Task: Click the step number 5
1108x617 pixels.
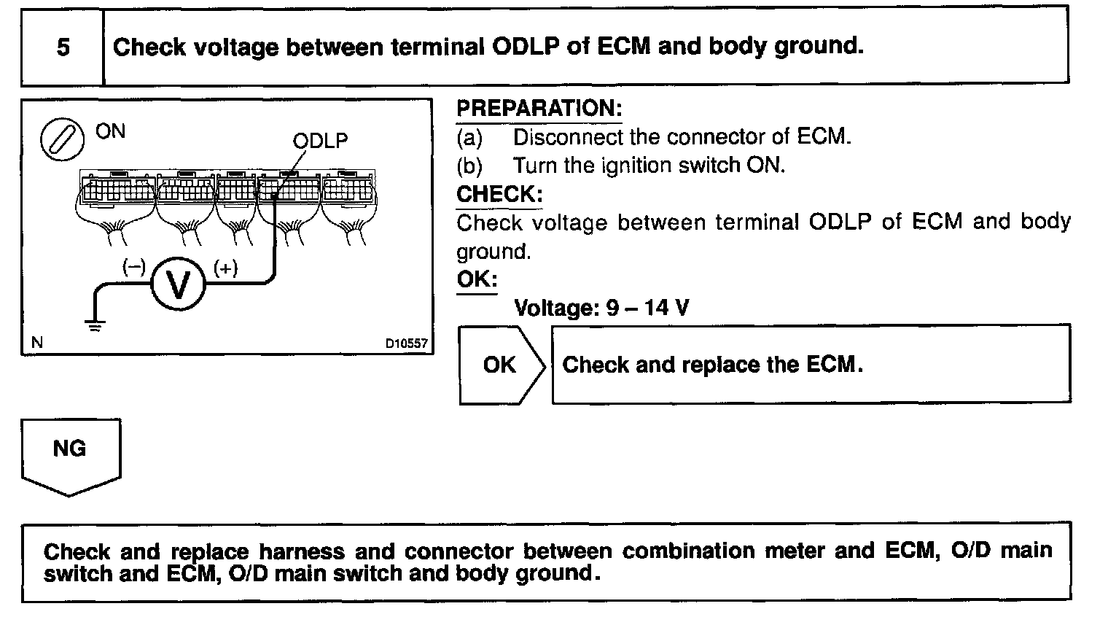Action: pos(63,47)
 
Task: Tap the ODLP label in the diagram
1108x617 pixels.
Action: pos(320,141)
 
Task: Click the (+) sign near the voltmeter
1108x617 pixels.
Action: pos(225,268)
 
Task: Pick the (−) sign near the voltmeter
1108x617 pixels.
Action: pos(133,268)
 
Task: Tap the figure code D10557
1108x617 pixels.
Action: pos(407,344)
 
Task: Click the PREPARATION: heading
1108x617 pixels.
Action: pos(539,109)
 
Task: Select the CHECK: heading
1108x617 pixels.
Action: pos(499,195)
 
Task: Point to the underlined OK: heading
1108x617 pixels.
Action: pos(477,280)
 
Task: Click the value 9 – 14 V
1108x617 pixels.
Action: pos(647,308)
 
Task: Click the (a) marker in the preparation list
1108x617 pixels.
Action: pos(469,137)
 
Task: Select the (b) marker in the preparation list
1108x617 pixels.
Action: pos(469,166)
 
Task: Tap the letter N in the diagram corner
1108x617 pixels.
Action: pos(38,343)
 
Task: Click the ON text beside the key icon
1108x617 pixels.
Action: pos(111,131)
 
